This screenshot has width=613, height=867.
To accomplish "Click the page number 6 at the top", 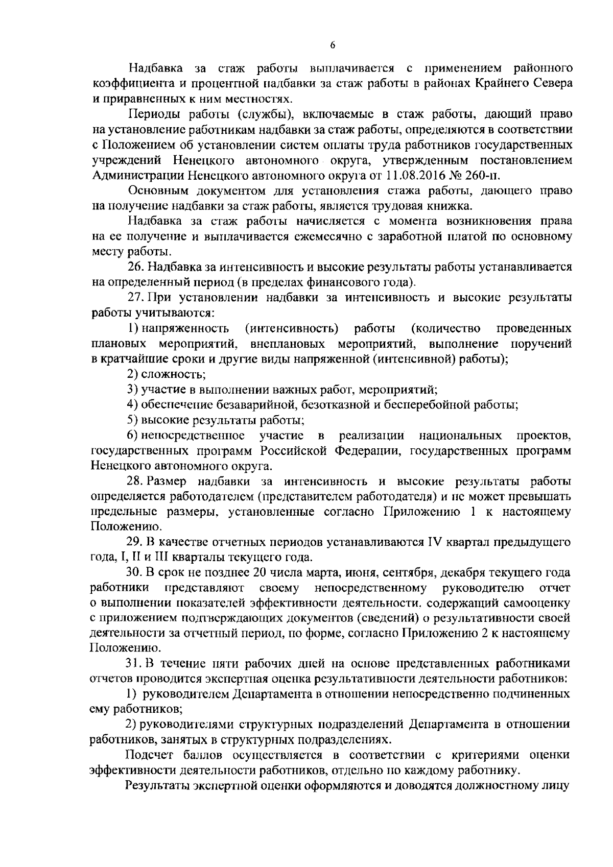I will click(333, 45).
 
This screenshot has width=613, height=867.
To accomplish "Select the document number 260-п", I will click(484, 176).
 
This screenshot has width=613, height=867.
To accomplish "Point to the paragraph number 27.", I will click(134, 298).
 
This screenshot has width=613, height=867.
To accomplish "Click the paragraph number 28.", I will click(134, 481).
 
